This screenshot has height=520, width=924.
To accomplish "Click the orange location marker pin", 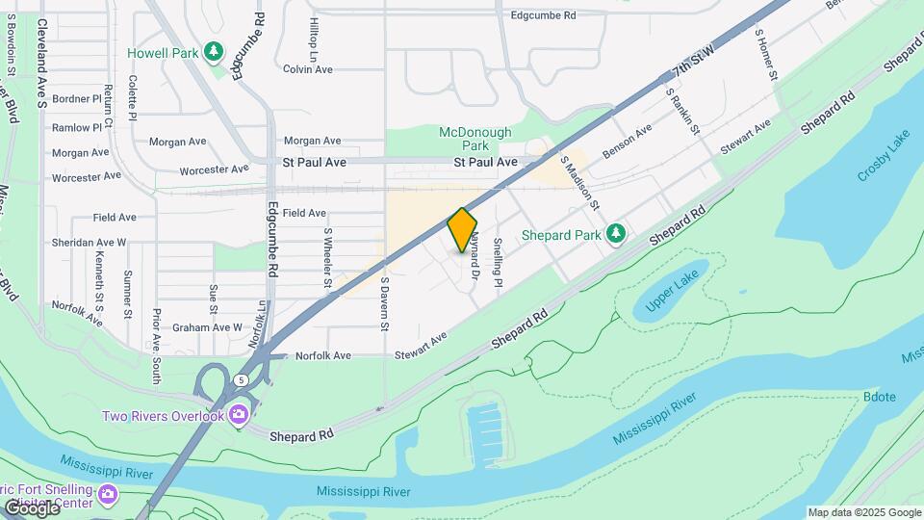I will tap(463, 229).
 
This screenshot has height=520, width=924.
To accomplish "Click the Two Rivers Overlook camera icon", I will tap(238, 415).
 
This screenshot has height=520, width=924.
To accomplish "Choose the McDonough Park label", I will tap(475, 139).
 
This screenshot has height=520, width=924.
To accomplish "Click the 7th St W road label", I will tap(694, 61).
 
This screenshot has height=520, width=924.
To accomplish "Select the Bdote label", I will tap(880, 397).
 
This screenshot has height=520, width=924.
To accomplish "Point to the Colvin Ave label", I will tap(308, 69).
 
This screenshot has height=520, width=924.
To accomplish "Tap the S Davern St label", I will tap(383, 303).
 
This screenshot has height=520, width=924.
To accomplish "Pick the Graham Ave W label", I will tap(207, 327).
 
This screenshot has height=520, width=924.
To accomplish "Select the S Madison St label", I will tap(579, 184).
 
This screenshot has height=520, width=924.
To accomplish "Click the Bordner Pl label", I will tap(77, 98).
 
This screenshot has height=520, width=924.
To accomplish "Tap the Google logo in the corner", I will tap(32, 507).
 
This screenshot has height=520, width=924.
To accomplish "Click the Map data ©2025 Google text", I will tap(864, 512).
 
